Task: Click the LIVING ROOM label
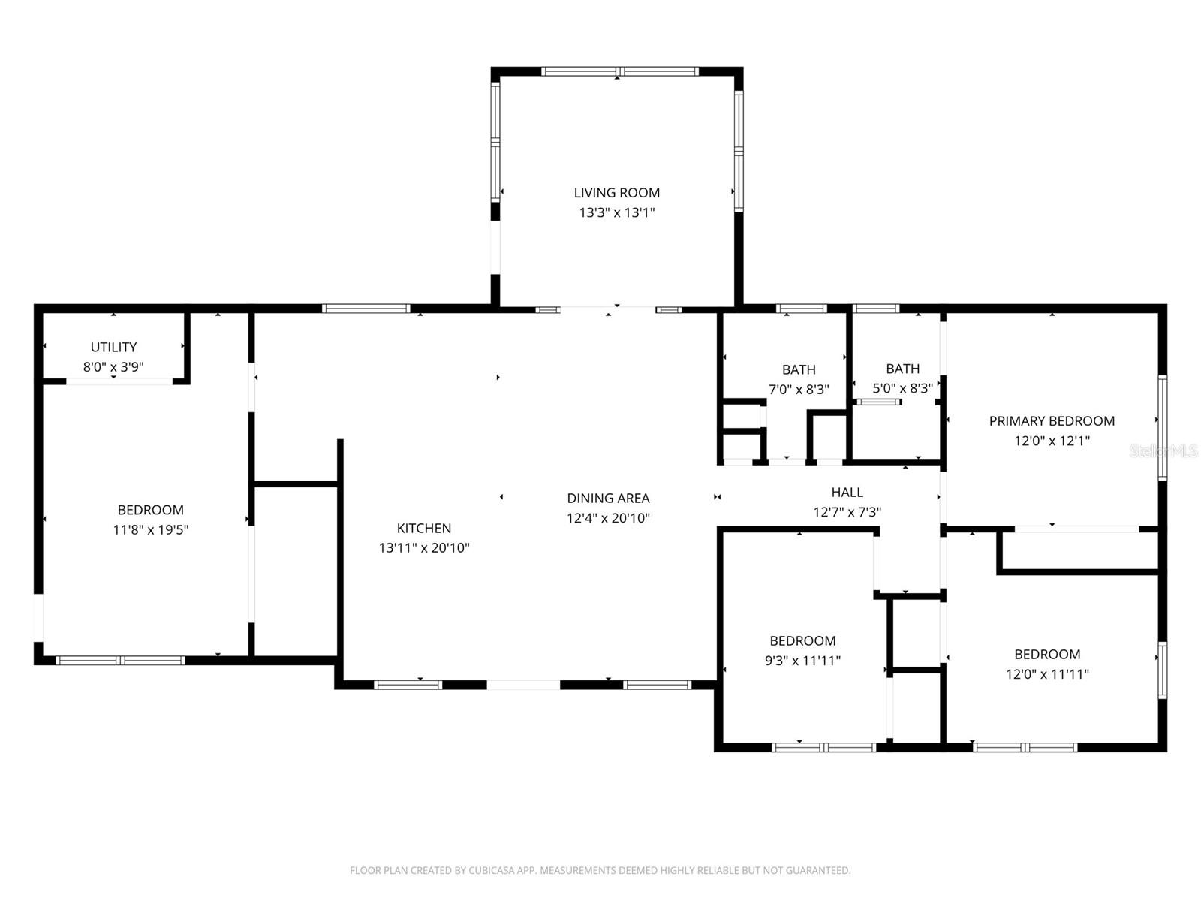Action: coord(617,193)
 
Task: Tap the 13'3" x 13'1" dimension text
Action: coord(617,212)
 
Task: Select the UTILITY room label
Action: coord(113,347)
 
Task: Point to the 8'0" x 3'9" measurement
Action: coord(113,367)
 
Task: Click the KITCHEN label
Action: coord(424,528)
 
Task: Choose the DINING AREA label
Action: coord(608,498)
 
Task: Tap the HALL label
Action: coord(847,493)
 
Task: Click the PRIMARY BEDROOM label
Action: coord(1052,421)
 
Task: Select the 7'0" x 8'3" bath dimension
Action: coord(799,389)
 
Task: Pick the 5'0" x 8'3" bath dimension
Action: coord(902,388)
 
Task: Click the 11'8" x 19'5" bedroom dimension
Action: coord(150,529)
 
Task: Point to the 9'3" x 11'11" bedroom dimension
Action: coord(802,661)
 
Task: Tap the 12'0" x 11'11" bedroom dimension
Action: coord(1047,674)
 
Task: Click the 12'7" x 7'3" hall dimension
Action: coord(847,512)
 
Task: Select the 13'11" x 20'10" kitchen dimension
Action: coord(424,548)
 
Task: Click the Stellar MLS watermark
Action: coord(1163,450)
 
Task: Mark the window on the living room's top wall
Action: coord(619,71)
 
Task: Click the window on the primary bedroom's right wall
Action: coord(1162,428)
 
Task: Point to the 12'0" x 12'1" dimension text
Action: coord(1052,441)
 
